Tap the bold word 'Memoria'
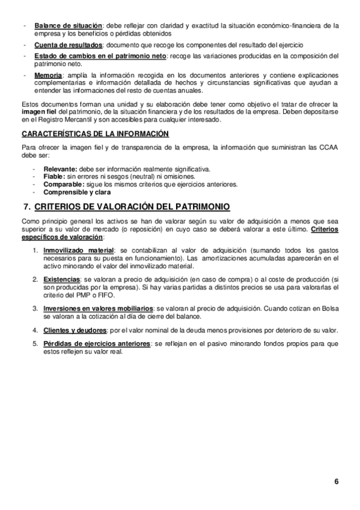[x=48, y=75]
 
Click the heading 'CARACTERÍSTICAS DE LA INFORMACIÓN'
[x=95, y=134]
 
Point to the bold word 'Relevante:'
[x=60, y=170]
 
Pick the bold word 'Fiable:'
[x=55, y=177]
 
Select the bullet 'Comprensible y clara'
[x=76, y=192]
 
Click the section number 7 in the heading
[x=26, y=207]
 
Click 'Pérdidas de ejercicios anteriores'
[x=97, y=344]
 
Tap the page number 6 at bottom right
[x=337, y=481]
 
